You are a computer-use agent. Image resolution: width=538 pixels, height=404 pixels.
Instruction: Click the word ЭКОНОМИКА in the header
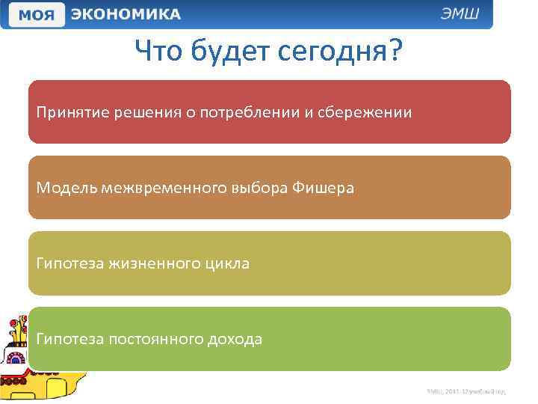pos(126,14)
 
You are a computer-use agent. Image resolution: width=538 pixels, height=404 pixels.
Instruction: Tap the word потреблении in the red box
pos(253,112)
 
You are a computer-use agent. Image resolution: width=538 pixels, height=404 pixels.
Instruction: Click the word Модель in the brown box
pos(64,188)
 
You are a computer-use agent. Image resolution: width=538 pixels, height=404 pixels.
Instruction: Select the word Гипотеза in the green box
pos(70,339)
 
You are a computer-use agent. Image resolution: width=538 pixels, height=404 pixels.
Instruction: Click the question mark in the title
pos(395,52)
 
